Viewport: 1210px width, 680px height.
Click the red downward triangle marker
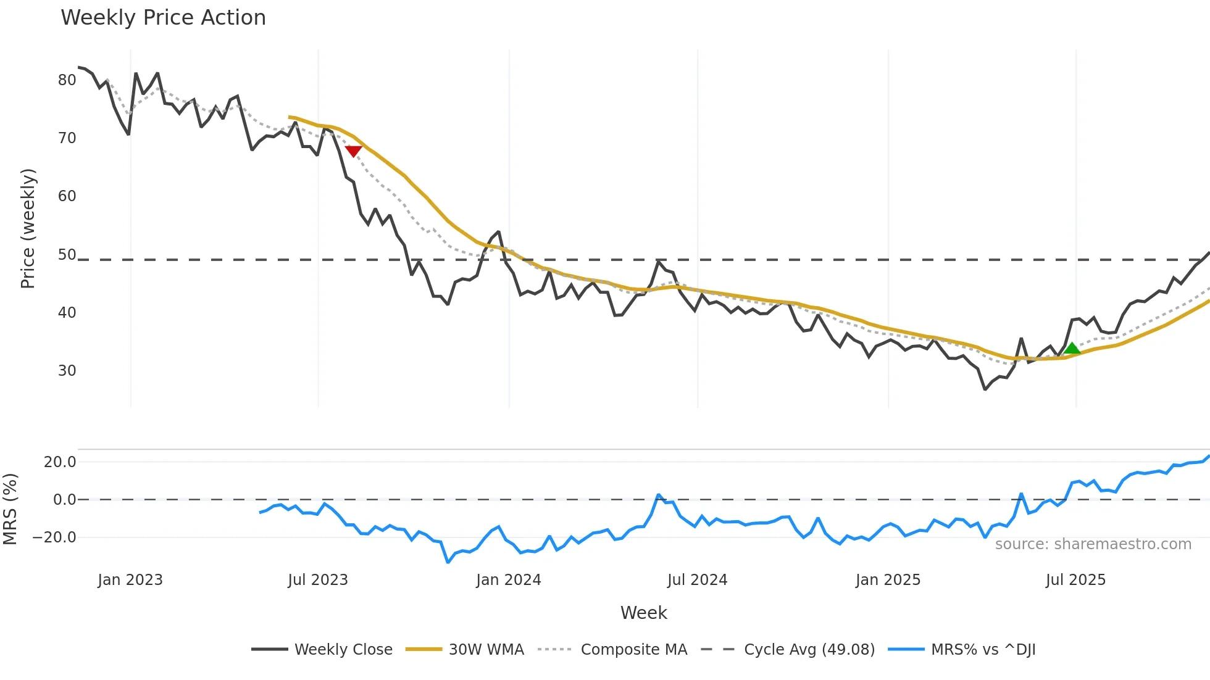click(353, 151)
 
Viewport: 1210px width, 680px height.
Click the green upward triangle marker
click(1072, 349)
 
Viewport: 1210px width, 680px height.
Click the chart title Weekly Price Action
click(163, 18)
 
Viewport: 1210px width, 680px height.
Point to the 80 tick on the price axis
click(67, 80)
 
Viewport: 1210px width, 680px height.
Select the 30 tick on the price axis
click(67, 371)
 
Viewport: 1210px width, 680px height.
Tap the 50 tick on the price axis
click(67, 255)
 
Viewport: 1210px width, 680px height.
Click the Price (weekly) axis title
click(28, 228)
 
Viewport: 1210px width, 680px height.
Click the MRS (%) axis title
click(10, 509)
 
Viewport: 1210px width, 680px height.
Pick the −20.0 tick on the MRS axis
click(54, 537)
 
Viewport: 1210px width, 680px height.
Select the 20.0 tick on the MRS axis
click(60, 462)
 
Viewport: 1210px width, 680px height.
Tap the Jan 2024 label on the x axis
click(508, 580)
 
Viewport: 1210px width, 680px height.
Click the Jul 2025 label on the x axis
click(1075, 580)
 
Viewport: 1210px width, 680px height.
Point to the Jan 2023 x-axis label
click(130, 580)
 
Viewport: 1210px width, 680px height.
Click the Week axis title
click(643, 613)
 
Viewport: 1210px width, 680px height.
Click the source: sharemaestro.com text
click(1093, 544)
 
